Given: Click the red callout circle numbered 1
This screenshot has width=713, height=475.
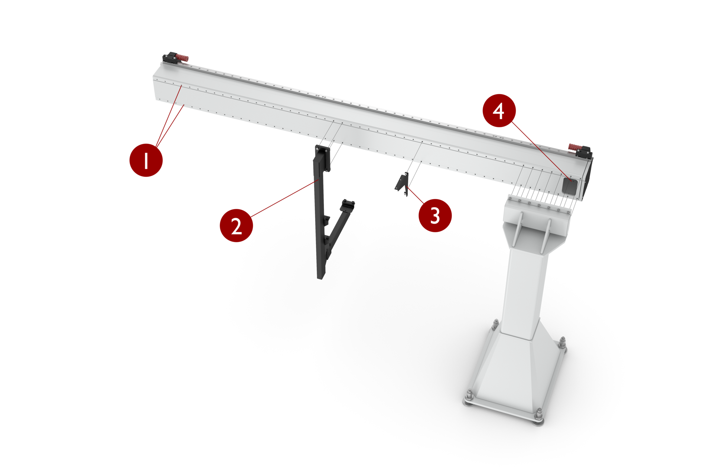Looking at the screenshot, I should coord(146,160).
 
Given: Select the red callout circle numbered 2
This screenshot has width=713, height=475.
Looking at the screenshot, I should coord(236,225).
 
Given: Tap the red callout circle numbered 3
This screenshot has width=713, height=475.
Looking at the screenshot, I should coord(435,215).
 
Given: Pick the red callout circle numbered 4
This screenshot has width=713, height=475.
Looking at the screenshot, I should coord(499,111).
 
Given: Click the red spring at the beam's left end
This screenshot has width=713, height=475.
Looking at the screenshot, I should coord(182,58).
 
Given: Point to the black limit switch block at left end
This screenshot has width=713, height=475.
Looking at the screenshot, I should coord(170,58).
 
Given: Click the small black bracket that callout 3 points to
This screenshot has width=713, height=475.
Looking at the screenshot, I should coord(402,183).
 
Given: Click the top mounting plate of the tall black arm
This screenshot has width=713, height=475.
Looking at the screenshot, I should coord(322,150).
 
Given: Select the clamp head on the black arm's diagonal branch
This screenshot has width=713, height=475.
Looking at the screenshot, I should coord(348,204).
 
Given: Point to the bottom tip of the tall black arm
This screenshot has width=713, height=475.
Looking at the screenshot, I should coord(320,276).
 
